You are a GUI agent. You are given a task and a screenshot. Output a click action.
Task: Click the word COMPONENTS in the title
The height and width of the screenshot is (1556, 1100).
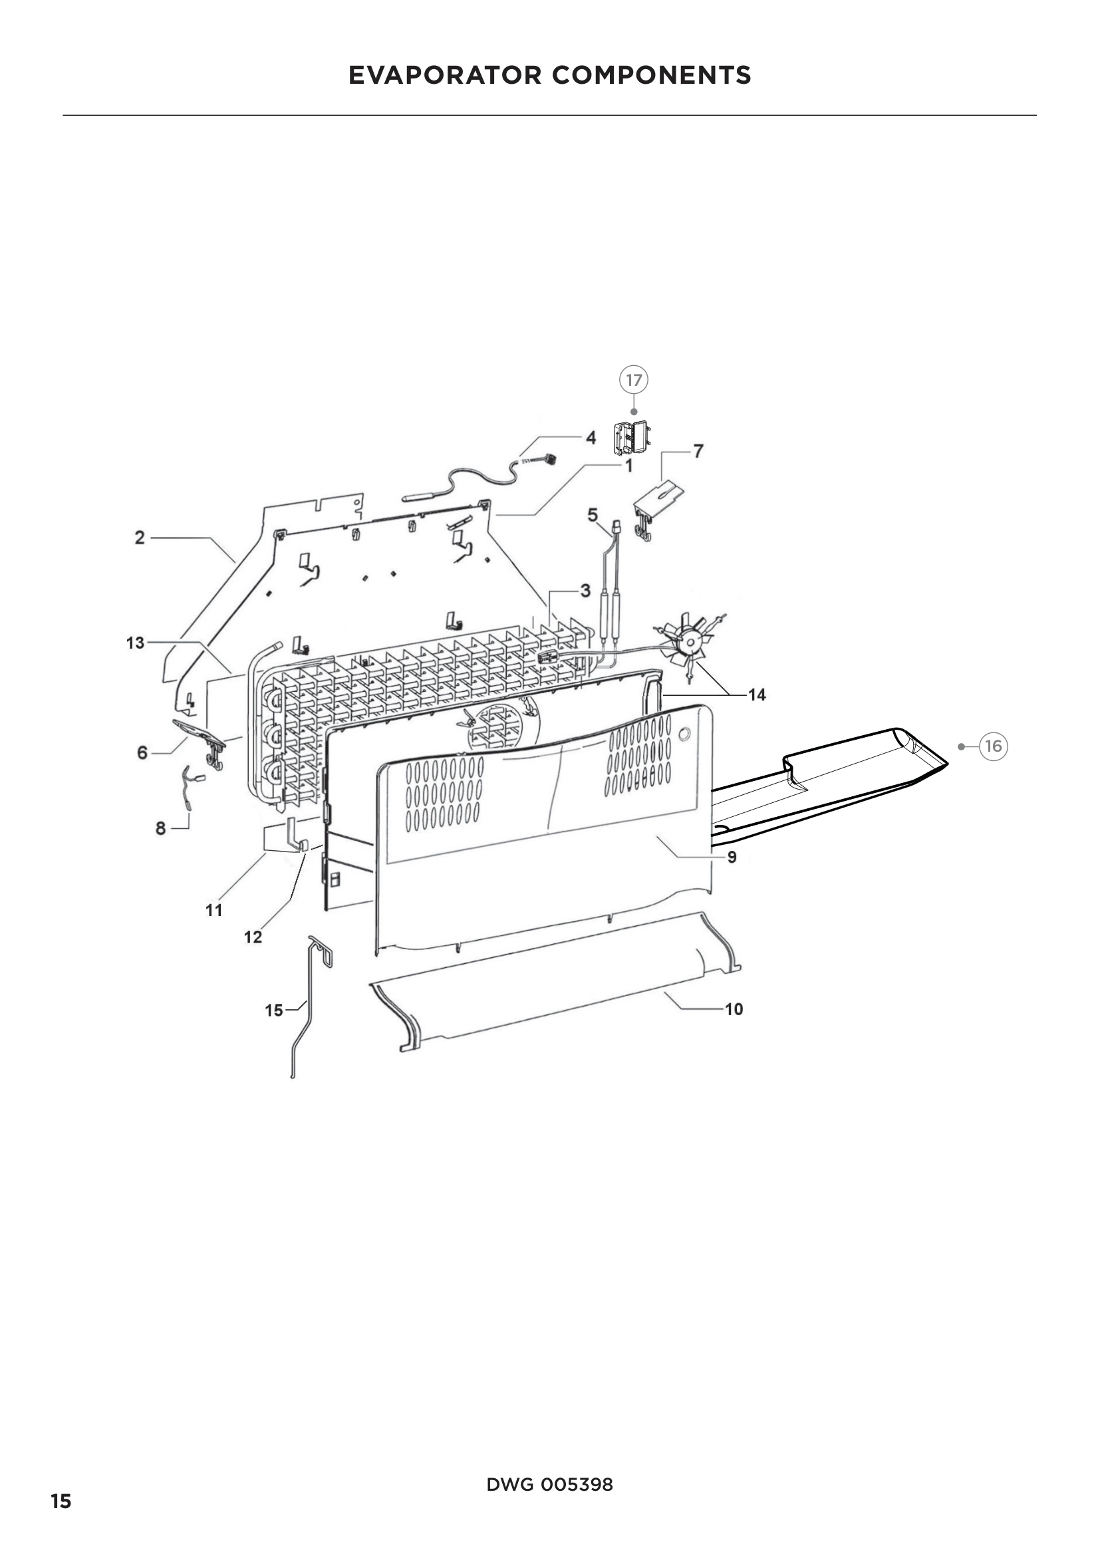[652, 75]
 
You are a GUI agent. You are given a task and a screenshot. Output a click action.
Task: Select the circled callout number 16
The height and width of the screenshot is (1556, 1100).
[993, 746]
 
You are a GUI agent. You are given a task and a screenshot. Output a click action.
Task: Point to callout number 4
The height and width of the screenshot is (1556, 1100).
[591, 438]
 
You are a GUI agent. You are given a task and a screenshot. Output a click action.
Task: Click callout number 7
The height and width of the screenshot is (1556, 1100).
[698, 450]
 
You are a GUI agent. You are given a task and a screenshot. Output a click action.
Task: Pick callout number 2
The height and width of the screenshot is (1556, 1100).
[140, 538]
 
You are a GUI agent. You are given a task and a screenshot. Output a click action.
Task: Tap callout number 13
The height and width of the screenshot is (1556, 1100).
[136, 643]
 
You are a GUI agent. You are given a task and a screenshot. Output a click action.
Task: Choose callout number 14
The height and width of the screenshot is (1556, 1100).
[757, 695]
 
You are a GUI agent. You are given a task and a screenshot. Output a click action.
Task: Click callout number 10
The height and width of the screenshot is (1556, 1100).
[734, 1009]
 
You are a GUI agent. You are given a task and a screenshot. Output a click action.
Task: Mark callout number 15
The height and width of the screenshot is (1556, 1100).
[273, 1011]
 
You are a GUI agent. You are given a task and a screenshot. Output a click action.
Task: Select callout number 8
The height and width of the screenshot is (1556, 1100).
[160, 828]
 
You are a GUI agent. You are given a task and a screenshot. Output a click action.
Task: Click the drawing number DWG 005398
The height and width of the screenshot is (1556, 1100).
[549, 1484]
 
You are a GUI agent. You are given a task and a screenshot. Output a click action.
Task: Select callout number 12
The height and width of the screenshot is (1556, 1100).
[253, 937]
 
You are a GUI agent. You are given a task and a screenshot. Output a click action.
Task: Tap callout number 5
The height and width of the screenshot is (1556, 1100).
[593, 515]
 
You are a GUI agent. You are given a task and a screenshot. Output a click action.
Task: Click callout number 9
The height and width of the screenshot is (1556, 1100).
[732, 857]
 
